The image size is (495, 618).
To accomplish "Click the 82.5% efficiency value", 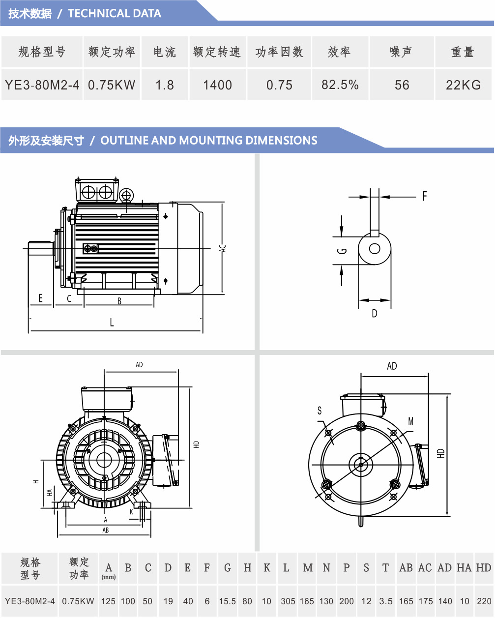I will click(340, 85).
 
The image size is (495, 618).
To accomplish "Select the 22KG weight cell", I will click(463, 85).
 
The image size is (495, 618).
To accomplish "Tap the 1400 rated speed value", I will click(217, 85).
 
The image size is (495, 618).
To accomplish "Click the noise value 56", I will click(402, 85).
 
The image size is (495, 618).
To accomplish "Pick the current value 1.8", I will click(165, 85).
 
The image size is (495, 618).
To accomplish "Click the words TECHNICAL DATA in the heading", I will click(115, 14).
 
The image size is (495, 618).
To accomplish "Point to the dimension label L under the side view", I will click(112, 323).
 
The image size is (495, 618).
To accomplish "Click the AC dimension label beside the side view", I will click(223, 248).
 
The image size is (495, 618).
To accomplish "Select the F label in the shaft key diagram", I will click(424, 197).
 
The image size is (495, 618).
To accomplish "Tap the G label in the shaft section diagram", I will click(343, 251).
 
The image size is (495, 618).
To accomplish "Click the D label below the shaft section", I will click(375, 313).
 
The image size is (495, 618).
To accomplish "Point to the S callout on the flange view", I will click(320, 411).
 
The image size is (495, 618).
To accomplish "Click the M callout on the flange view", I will click(411, 421).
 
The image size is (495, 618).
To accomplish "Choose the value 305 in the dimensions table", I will click(288, 601).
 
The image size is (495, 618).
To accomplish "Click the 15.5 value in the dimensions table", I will click(227, 601).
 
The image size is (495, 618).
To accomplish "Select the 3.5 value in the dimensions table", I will click(386, 601).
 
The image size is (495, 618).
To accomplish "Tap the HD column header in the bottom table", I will click(484, 568).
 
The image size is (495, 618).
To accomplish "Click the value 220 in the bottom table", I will click(484, 601).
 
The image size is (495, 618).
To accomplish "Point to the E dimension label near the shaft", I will click(40, 298).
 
